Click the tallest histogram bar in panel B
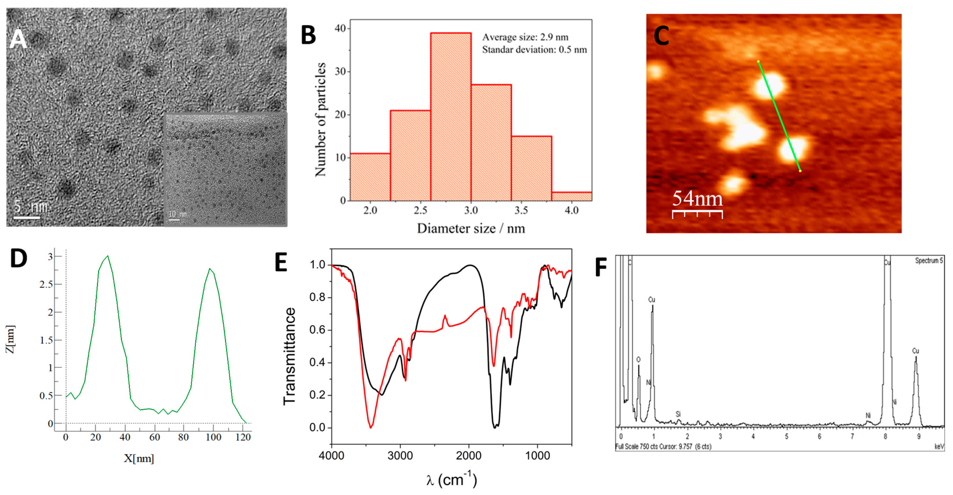click(451, 117)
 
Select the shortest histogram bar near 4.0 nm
click(572, 196)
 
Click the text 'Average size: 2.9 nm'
click(525, 37)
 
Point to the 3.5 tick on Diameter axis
click(521, 210)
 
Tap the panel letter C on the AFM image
click(661, 36)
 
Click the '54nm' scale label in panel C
click(697, 199)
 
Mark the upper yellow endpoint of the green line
click(758, 61)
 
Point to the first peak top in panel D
click(107, 256)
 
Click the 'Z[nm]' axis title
click(10, 339)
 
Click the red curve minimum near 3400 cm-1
click(371, 427)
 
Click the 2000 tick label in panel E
click(469, 455)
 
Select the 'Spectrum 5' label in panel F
click(929, 261)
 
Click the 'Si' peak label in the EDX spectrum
click(678, 414)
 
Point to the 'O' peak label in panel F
click(638, 360)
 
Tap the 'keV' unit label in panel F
click(939, 447)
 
